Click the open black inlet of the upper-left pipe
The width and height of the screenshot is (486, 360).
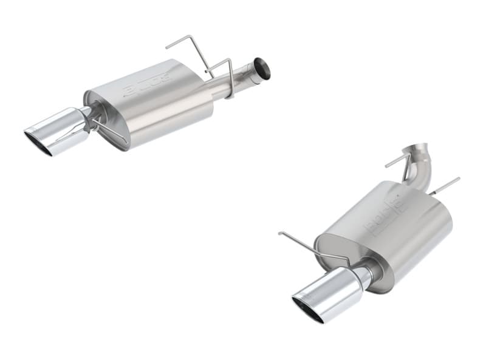click(262, 68)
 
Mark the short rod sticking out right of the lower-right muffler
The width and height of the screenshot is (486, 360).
click(447, 185)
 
